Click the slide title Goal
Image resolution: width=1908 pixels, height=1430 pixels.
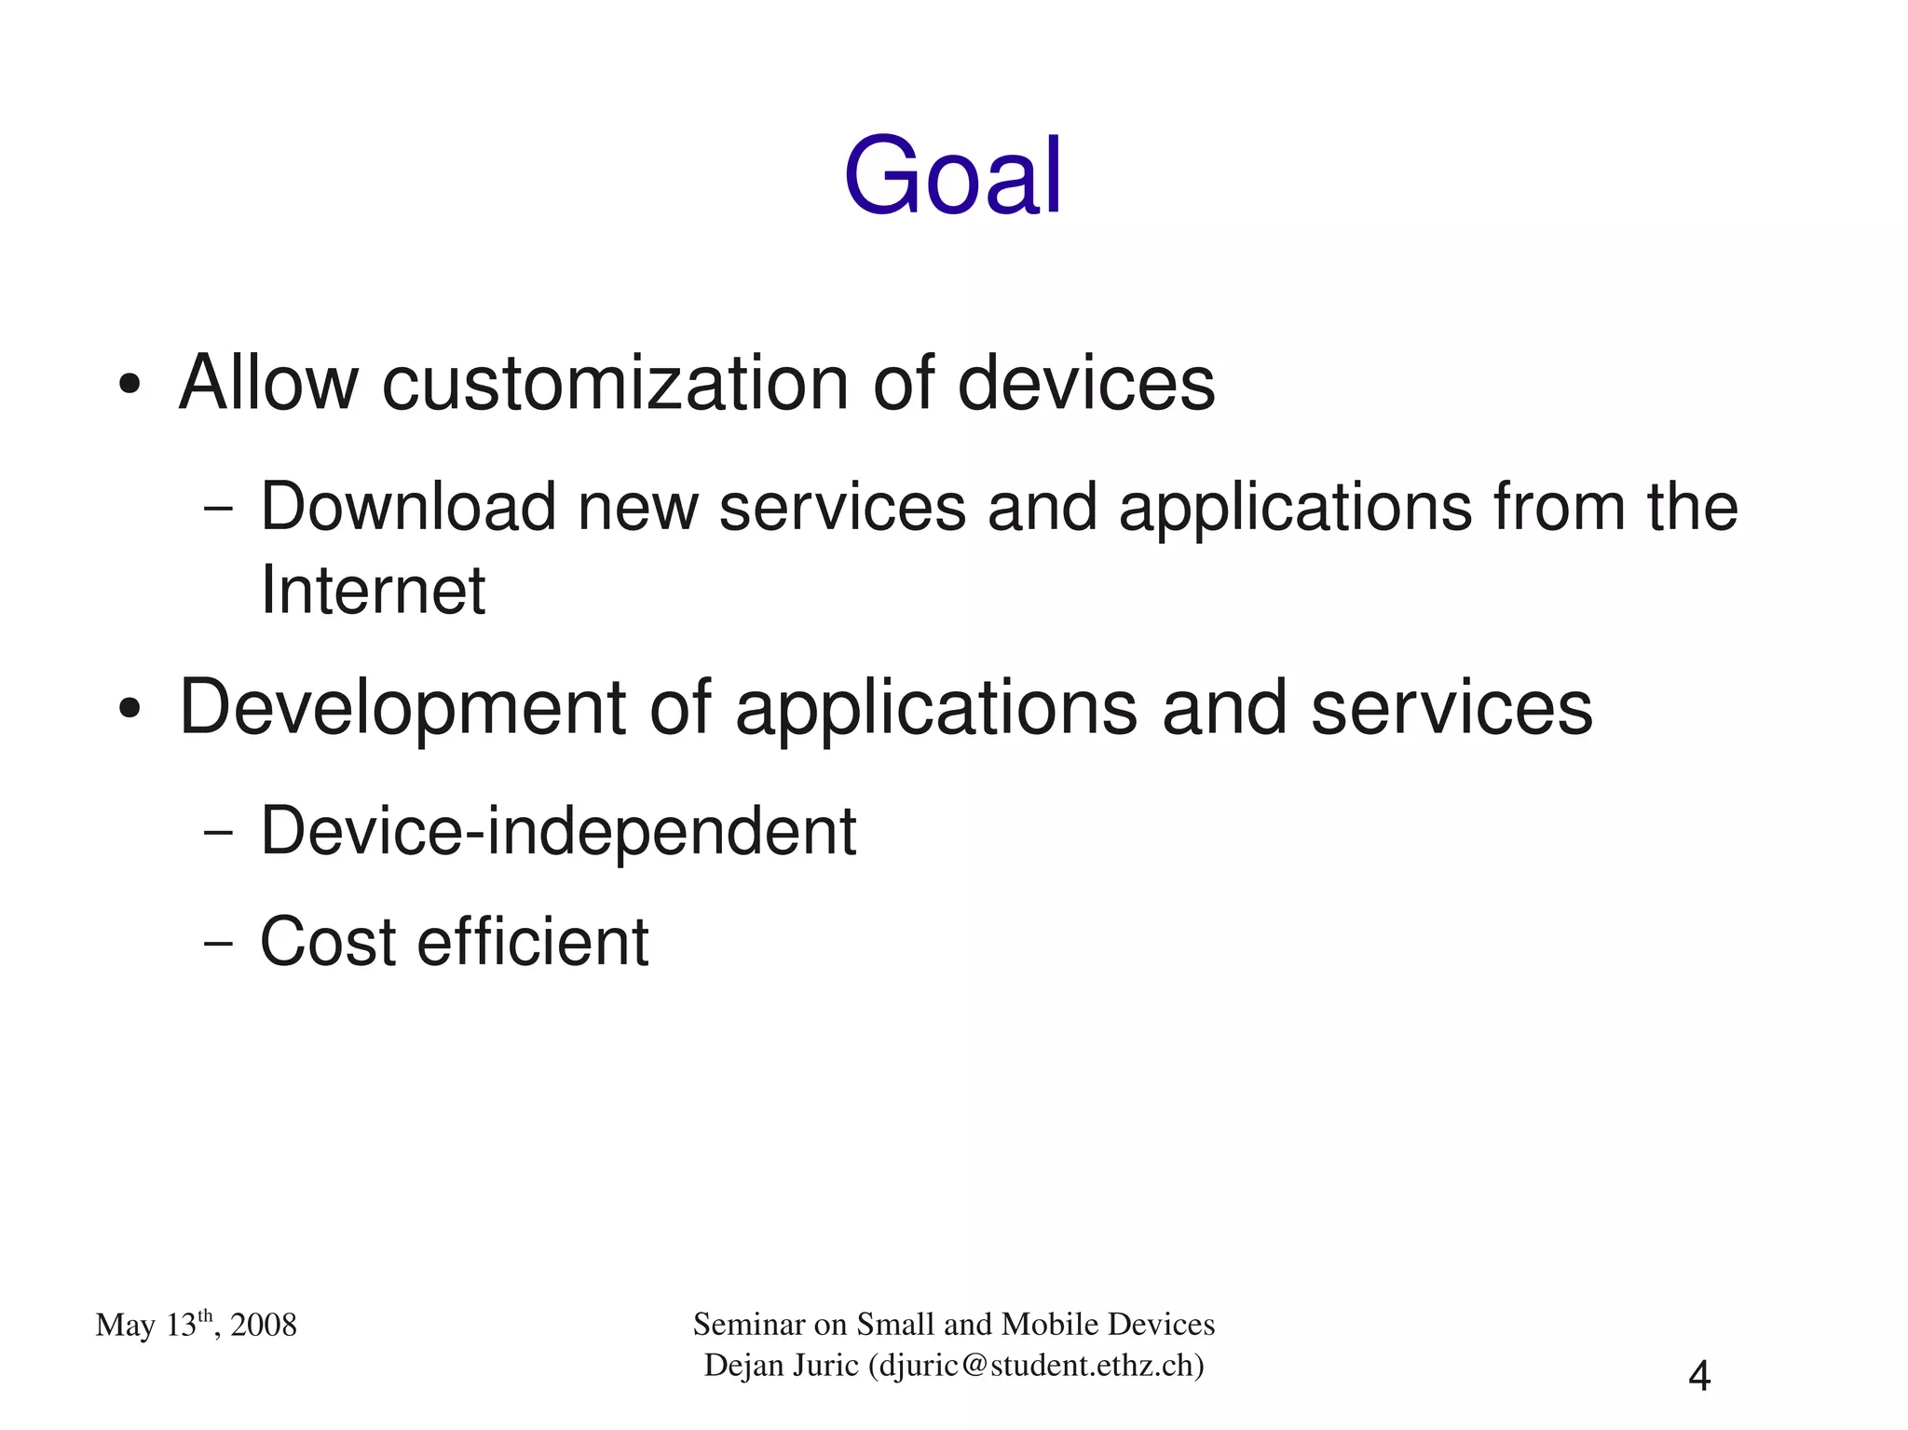(x=952, y=176)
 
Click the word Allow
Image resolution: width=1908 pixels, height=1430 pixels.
(x=268, y=383)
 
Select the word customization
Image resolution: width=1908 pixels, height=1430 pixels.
(x=615, y=385)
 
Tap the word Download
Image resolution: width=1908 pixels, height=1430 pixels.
(x=407, y=508)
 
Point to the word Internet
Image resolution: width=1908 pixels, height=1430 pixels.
(x=373, y=591)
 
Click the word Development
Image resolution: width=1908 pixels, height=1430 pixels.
(x=402, y=709)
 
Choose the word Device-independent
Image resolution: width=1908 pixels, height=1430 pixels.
(x=557, y=831)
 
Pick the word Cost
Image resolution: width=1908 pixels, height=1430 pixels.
(x=328, y=942)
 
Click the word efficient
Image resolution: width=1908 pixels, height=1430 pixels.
(x=532, y=942)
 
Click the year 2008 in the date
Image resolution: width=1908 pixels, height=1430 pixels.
(x=264, y=1326)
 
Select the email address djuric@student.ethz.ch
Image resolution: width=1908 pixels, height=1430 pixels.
(x=1036, y=1366)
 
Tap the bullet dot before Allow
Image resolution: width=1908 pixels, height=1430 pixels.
(x=129, y=385)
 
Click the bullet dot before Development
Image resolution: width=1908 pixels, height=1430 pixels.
(x=129, y=709)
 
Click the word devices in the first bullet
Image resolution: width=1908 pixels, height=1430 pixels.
(x=1085, y=383)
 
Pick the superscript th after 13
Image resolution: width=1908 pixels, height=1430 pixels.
(x=206, y=1315)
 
